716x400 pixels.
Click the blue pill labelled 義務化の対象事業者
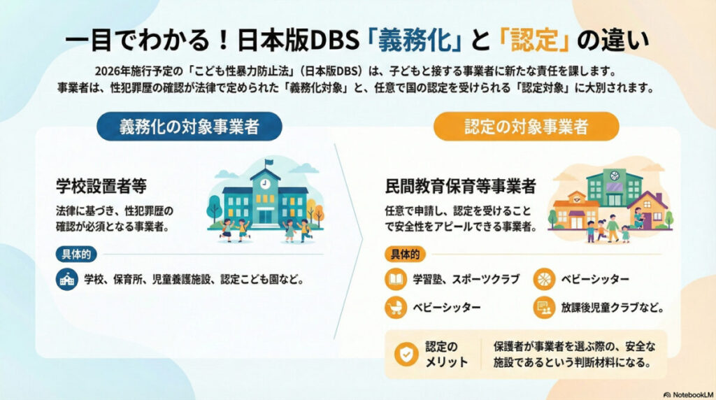coord(189,127)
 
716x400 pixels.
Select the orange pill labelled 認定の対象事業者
coord(526,127)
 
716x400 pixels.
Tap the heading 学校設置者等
coord(101,186)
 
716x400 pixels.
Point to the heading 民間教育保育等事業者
coord(460,186)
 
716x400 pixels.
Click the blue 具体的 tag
coord(76,255)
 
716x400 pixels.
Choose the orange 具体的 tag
coord(405,255)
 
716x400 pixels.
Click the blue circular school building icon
coord(67,280)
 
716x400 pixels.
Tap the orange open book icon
coord(396,279)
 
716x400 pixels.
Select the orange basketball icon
coord(544,279)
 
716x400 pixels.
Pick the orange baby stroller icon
coord(396,307)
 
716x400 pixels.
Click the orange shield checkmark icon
coord(406,354)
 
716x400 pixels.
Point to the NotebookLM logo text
coord(689,394)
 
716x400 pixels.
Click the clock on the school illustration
coord(265,184)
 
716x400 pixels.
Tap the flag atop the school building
coord(269,162)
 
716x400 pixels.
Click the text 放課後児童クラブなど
coord(613,307)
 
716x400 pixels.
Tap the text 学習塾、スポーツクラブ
coord(466,279)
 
